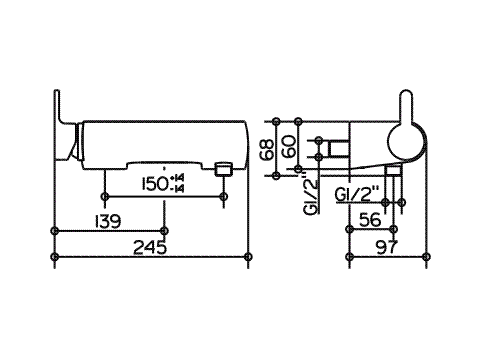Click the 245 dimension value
point(150,247)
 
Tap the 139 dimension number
point(108,221)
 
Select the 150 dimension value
point(155,184)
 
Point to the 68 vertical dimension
point(267,149)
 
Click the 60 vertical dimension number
point(288,146)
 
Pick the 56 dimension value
point(370,220)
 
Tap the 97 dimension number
point(387,247)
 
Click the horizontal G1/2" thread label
point(357,195)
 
